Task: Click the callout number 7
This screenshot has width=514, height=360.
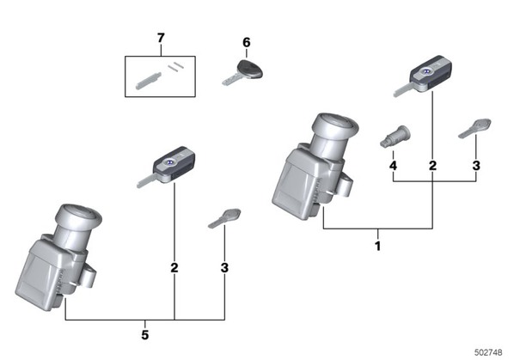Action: point(161,39)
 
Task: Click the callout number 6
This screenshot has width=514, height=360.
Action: point(247,43)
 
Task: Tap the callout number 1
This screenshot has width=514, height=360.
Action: point(377,246)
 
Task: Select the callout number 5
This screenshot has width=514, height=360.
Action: point(145,335)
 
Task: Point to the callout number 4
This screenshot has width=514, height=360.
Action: point(393,166)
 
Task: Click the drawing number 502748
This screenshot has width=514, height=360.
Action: point(488,352)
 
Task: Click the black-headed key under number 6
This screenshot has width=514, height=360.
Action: point(242,73)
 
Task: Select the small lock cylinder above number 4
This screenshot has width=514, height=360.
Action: point(395,137)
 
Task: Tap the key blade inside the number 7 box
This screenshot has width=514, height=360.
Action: point(148,81)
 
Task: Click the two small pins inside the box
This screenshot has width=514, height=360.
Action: point(175,66)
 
